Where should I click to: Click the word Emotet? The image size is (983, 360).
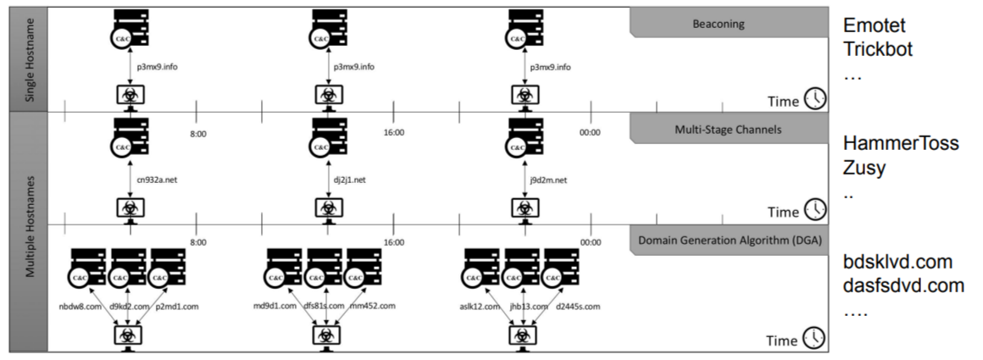pos(872,27)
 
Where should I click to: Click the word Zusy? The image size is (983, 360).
pos(864,168)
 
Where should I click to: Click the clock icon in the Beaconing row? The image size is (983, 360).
pos(814,100)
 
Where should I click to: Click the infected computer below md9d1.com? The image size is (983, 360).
pos(322,335)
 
